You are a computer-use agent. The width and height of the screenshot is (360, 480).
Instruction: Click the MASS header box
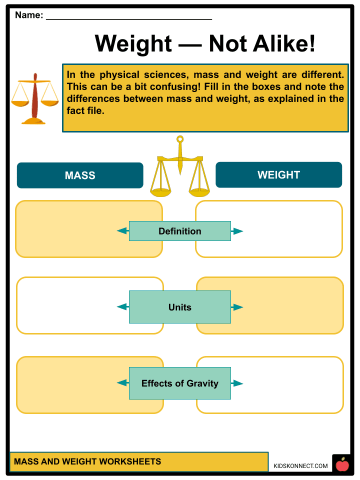(80, 175)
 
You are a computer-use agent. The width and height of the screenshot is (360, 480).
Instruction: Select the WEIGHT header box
(278, 175)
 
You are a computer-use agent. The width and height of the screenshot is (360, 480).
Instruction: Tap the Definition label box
(180, 231)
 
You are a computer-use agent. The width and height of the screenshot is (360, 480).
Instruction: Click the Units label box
(180, 307)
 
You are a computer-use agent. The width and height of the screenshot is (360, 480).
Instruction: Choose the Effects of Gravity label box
(180, 383)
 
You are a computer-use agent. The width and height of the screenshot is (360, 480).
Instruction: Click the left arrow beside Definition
(122, 231)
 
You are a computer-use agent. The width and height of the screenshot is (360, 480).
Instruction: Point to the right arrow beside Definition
(238, 231)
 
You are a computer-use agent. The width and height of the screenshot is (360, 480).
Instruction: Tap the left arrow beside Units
(122, 307)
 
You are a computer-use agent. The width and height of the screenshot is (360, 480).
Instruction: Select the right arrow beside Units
(238, 307)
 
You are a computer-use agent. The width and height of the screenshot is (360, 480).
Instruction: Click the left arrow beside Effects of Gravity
(122, 383)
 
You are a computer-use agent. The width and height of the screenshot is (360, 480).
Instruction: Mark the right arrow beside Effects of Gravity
(238, 383)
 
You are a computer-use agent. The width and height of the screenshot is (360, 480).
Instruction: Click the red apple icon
(342, 465)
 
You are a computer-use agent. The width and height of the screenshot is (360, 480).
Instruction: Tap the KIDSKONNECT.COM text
(301, 466)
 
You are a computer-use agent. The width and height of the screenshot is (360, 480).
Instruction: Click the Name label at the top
(29, 15)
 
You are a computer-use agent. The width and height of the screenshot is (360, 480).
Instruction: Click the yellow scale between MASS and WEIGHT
(180, 167)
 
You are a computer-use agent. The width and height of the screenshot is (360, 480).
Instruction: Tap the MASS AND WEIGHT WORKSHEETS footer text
(87, 461)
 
